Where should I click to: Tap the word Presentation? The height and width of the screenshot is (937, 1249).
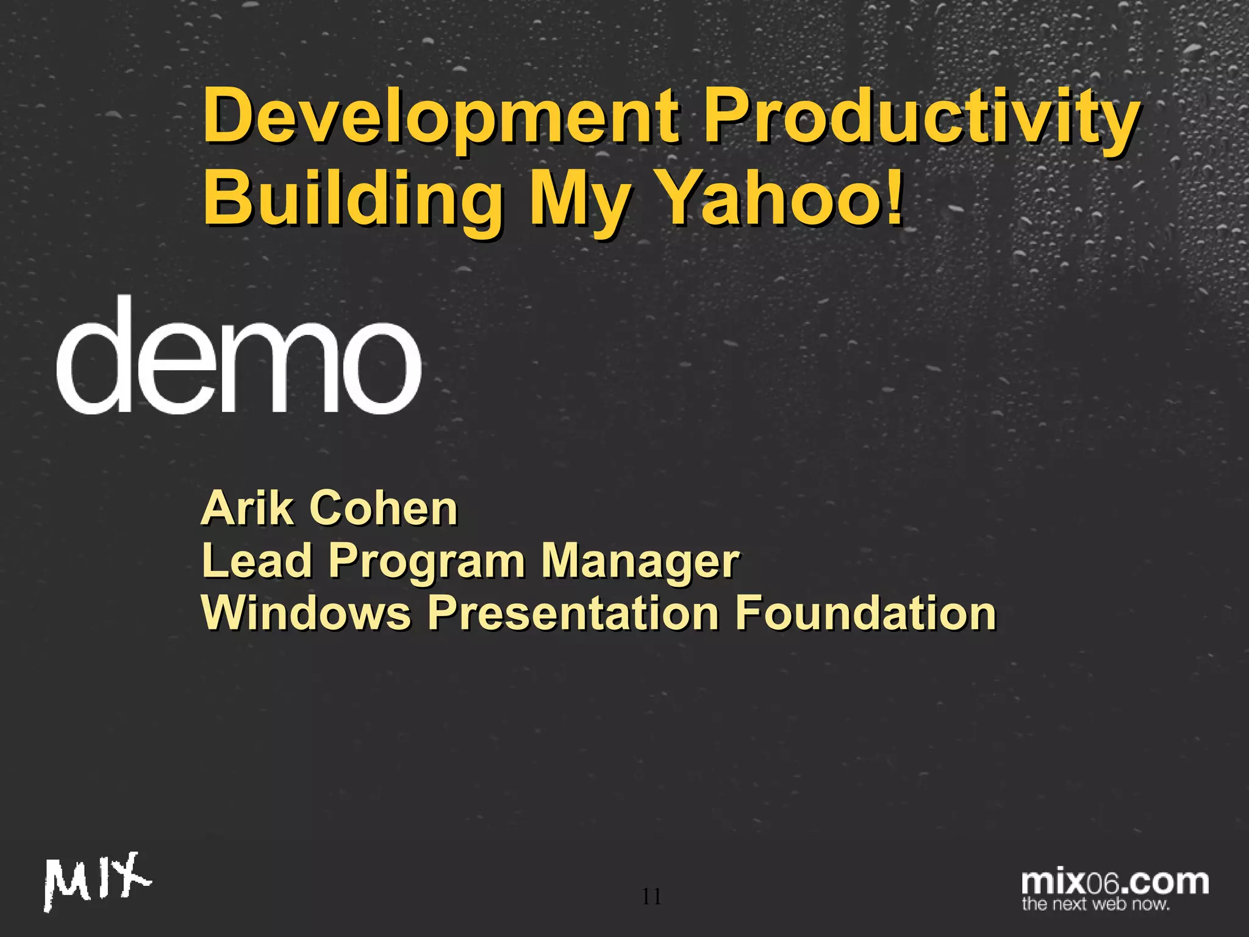(573, 612)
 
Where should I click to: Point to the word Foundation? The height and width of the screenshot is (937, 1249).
(865, 612)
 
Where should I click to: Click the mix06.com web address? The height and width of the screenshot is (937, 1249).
(1115, 882)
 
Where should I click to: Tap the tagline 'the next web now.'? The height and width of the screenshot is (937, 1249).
(1096, 904)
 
